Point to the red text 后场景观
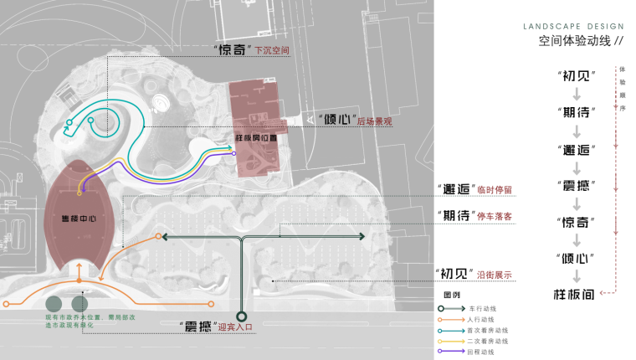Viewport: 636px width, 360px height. tap(373, 121)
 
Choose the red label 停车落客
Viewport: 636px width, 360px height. tap(495, 216)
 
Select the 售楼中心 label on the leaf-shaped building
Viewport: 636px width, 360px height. tap(76, 219)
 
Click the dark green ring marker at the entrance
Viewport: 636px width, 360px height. tap(242, 316)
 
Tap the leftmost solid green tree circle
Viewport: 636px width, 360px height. tap(55, 304)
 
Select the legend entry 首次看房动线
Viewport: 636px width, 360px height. tap(488, 331)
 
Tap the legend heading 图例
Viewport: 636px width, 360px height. tap(451, 296)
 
